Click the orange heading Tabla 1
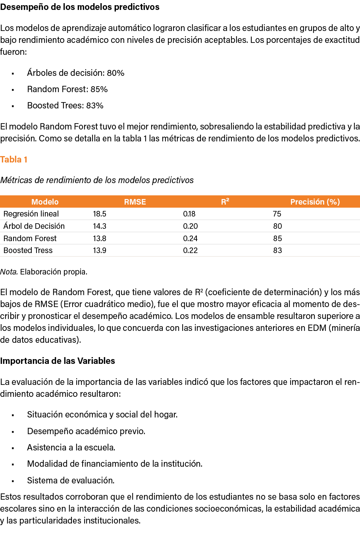(x=14, y=160)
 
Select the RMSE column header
(x=135, y=202)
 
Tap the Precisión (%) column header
(x=315, y=202)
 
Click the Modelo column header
(x=45, y=202)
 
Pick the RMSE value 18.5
(x=100, y=214)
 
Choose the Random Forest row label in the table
(x=30, y=238)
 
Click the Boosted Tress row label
(x=28, y=250)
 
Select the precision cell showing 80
(x=277, y=226)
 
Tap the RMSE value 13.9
(x=100, y=250)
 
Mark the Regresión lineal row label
(x=31, y=214)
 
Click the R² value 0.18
(x=189, y=214)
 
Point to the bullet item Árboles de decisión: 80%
(x=76, y=73)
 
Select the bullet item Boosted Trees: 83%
(x=65, y=106)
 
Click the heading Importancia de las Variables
(x=58, y=361)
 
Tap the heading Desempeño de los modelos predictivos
(x=80, y=7)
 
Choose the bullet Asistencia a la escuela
(x=71, y=447)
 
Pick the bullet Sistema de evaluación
(x=71, y=480)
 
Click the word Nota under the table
(x=9, y=272)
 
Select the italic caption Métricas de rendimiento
(x=97, y=180)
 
